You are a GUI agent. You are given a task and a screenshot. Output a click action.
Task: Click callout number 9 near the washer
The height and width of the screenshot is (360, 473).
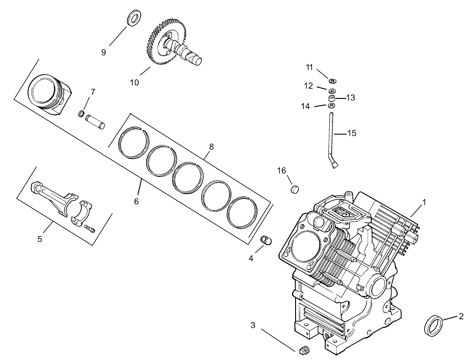tap(104, 52)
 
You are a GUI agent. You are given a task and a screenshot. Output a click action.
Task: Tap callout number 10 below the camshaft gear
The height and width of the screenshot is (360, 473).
tap(134, 82)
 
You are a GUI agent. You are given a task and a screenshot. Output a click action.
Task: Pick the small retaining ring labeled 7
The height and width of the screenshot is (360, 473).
tap(82, 113)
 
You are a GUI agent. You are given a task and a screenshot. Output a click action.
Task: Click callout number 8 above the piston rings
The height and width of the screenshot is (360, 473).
tap(211, 147)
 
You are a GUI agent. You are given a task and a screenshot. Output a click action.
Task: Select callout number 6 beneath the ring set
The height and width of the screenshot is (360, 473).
tap(136, 201)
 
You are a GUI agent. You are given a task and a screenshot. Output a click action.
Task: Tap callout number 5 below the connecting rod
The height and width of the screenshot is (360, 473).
tap(40, 239)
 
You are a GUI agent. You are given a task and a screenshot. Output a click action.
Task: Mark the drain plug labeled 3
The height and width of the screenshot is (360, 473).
tap(303, 350)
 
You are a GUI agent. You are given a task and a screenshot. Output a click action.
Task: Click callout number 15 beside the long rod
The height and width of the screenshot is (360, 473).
tap(351, 134)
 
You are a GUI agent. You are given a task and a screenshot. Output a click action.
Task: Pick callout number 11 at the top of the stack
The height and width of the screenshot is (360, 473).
tap(310, 68)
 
